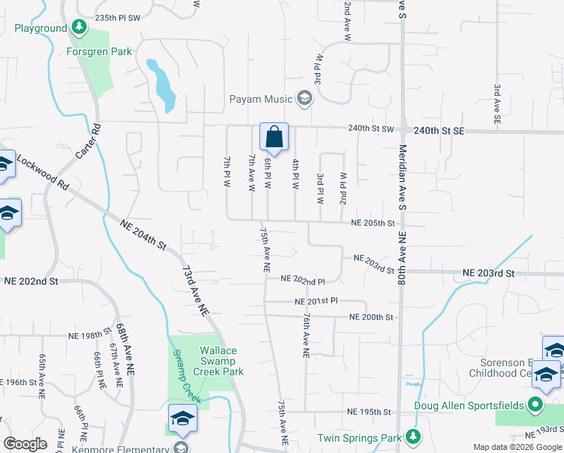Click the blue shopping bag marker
(x=274, y=137)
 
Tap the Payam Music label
(x=262, y=99)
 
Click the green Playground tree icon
(x=79, y=29)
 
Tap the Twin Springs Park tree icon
(x=412, y=437)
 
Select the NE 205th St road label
(x=373, y=223)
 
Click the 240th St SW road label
(x=371, y=129)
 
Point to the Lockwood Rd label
(x=42, y=173)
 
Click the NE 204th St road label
(x=143, y=232)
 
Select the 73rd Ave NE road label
(x=195, y=289)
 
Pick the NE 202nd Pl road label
(x=302, y=279)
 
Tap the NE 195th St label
(x=369, y=412)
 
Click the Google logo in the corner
(x=26, y=444)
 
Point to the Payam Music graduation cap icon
(x=304, y=98)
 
